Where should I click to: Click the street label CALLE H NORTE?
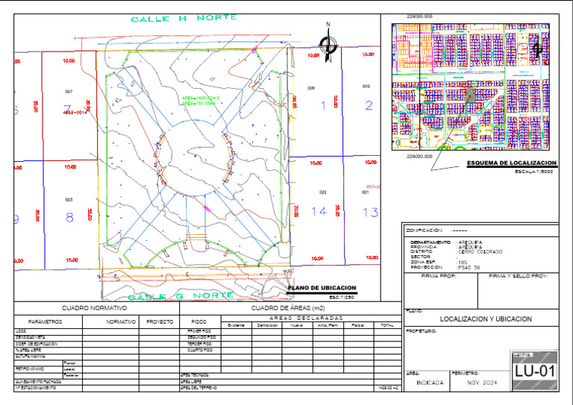click(184, 18)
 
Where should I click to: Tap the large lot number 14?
click(319, 212)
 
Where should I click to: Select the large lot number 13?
click(370, 213)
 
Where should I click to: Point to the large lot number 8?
click(69, 218)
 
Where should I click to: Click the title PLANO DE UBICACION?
click(322, 288)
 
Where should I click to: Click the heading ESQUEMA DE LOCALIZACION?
click(511, 163)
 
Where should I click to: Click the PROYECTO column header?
click(160, 322)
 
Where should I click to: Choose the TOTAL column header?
click(386, 326)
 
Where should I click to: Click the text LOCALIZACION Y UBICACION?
click(486, 319)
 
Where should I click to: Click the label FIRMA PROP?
click(438, 276)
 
